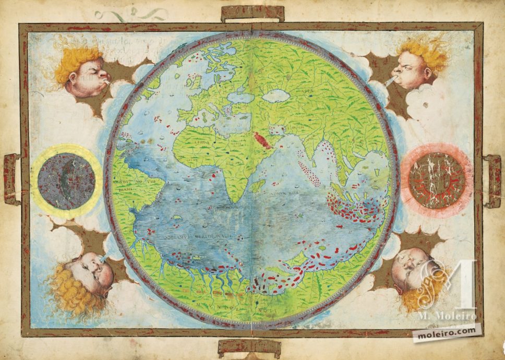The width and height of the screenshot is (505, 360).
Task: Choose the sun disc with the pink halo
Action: pyautogui.click(x=437, y=177)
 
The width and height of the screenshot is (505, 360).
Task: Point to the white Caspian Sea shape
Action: pyautogui.click(x=277, y=95)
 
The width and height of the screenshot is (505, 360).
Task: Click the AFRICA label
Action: pyautogui.click(x=203, y=143)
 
